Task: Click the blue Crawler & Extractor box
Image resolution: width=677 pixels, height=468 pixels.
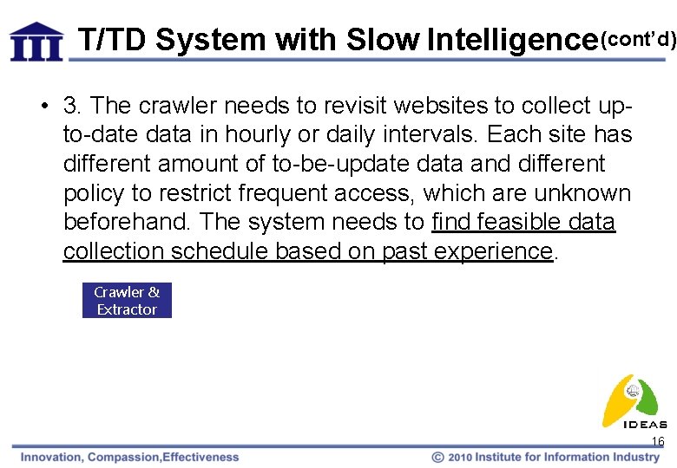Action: (127, 301)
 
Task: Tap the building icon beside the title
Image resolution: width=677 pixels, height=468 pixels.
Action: (36, 41)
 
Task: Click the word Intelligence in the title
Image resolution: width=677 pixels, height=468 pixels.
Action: (513, 40)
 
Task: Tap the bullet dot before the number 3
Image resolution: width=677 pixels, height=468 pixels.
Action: (43, 107)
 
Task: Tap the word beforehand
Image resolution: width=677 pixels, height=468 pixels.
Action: (125, 222)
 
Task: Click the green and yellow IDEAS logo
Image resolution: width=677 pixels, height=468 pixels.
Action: (634, 400)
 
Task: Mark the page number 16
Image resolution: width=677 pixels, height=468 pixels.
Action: (658, 442)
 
